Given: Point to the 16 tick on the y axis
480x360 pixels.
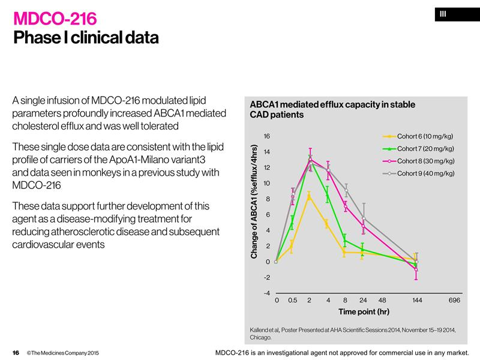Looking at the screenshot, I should [x=267, y=136].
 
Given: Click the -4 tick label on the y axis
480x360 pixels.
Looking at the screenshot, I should [x=266, y=293].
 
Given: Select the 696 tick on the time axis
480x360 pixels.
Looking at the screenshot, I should [x=454, y=299].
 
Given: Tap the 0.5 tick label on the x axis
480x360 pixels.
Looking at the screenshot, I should [x=293, y=299].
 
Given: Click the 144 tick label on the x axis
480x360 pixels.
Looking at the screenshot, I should [x=417, y=299].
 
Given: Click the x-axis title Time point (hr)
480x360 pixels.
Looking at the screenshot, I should [x=364, y=311].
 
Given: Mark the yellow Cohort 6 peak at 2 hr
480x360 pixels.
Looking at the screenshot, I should [x=309, y=196].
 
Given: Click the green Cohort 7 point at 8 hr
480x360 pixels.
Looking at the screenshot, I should [x=345, y=240].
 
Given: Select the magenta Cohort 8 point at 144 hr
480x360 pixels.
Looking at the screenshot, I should [x=416, y=269].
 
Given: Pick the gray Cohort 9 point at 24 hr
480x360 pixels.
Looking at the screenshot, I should [x=363, y=217].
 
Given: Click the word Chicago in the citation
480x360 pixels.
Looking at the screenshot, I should [x=262, y=338].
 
